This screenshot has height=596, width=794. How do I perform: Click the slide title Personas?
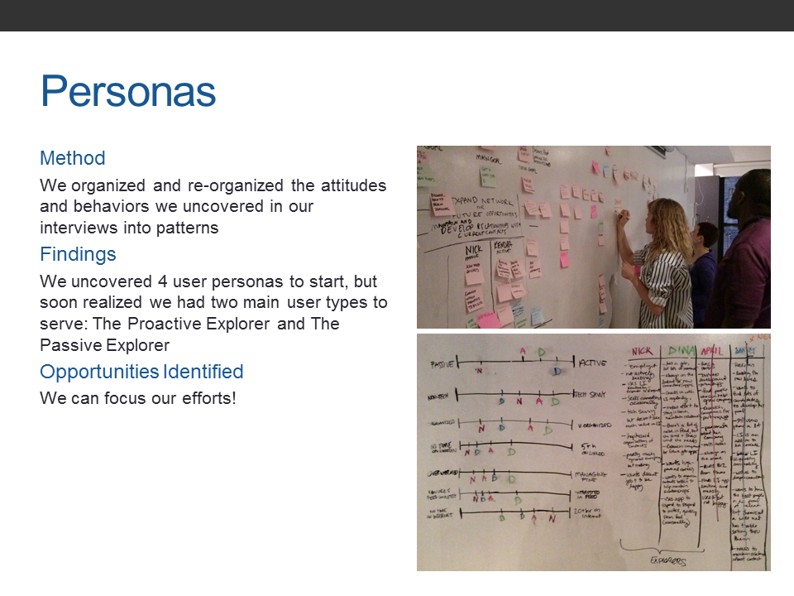pos(128,91)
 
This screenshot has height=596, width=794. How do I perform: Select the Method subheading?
pos(73,158)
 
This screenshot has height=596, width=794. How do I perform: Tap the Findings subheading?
pos(78,254)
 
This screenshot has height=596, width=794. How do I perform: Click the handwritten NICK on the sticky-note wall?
pos(473,249)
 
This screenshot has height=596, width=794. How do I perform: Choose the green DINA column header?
pos(681,350)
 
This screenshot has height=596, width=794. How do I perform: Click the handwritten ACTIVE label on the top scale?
pos(592,363)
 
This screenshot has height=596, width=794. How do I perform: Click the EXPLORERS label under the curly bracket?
pos(667,560)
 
